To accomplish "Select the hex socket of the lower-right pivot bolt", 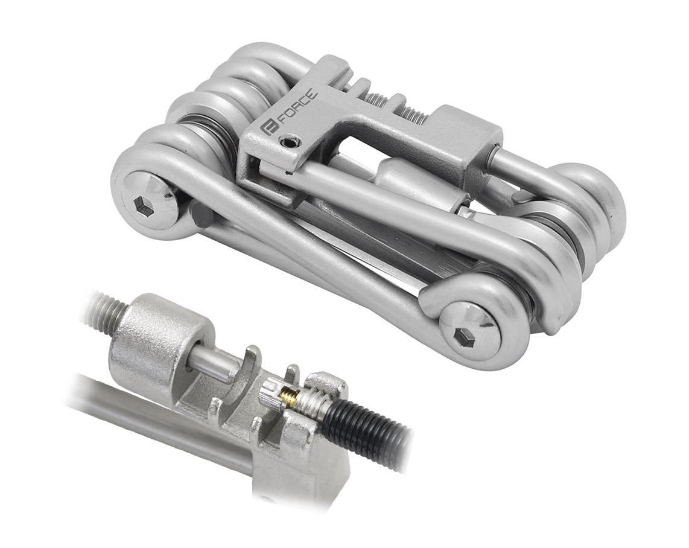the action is [466, 339].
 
